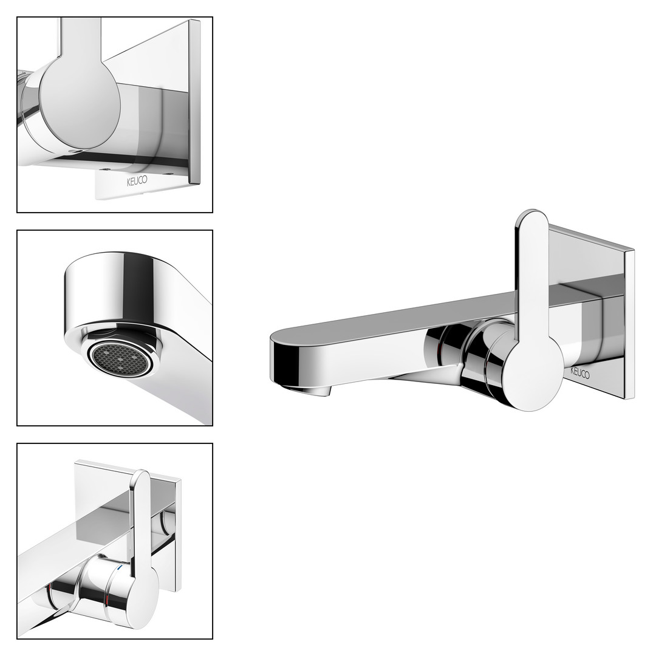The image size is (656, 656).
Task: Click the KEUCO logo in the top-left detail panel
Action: point(137,182)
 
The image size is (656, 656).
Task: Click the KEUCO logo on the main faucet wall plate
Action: point(580,372)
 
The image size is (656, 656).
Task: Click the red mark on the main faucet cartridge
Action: point(439,350)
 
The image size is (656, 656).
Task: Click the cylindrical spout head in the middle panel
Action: point(112,293)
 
